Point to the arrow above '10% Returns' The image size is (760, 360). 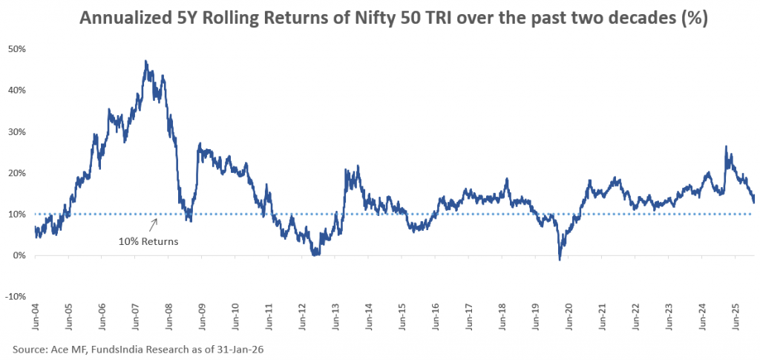pos(154,224)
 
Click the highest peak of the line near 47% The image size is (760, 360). pos(145,61)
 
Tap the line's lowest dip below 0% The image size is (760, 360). pos(560,259)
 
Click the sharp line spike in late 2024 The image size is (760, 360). pos(725,146)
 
